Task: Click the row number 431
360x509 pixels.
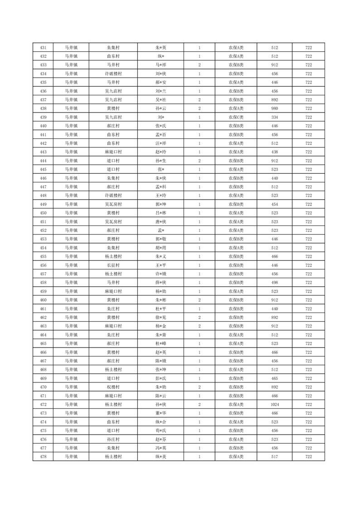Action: pyautogui.click(x=43, y=48)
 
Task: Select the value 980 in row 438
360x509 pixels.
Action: pyautogui.click(x=274, y=108)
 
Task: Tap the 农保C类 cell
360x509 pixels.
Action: pyautogui.click(x=236, y=117)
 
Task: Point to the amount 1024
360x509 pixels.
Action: pyautogui.click(x=274, y=404)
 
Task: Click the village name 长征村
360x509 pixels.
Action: pyautogui.click(x=113, y=265)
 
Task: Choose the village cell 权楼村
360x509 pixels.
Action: pyautogui.click(x=113, y=387)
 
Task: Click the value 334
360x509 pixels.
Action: pyautogui.click(x=274, y=117)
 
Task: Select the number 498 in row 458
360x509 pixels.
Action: pyautogui.click(x=274, y=283)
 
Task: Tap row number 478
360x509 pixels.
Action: pyautogui.click(x=43, y=456)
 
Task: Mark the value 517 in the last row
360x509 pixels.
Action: pyautogui.click(x=274, y=456)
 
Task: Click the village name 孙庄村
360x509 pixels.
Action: pyautogui.click(x=113, y=439)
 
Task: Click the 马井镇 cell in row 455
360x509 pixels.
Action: pyautogui.click(x=71, y=256)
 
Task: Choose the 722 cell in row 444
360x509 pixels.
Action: pyautogui.click(x=308, y=161)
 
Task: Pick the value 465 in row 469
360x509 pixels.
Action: pyautogui.click(x=274, y=378)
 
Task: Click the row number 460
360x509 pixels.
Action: pyautogui.click(x=43, y=300)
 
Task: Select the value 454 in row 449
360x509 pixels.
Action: pyautogui.click(x=274, y=204)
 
